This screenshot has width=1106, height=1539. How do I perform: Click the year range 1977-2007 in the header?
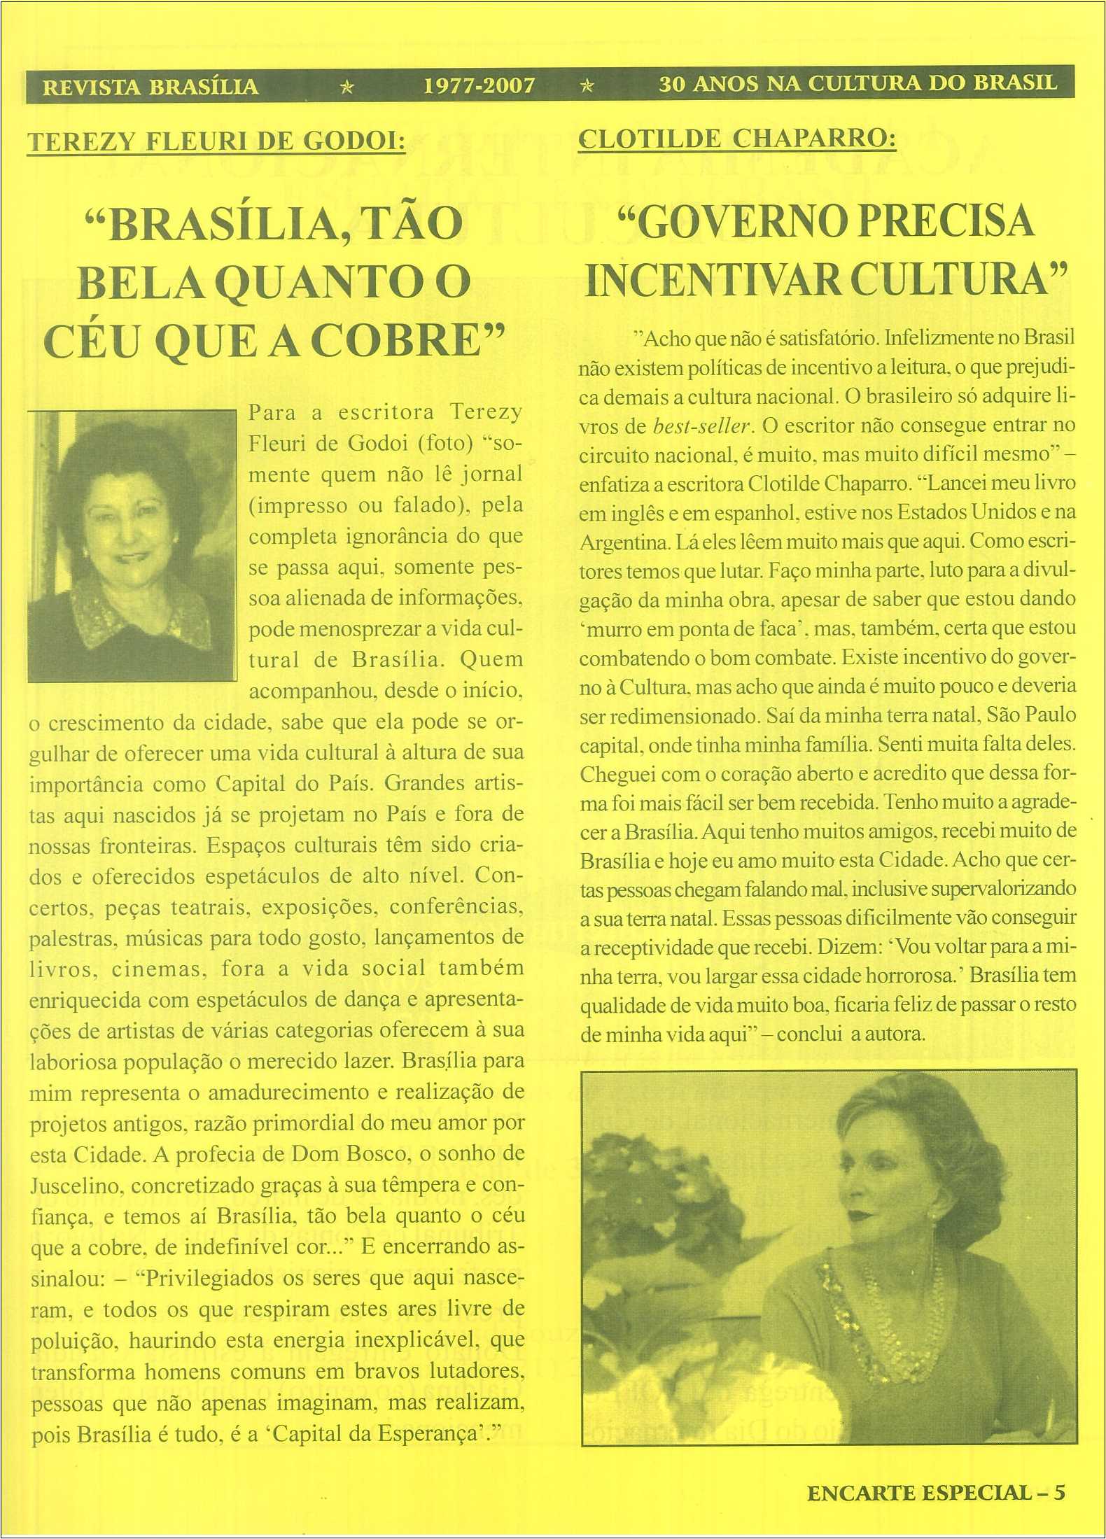[479, 86]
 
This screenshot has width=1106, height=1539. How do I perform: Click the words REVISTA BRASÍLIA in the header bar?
[150, 87]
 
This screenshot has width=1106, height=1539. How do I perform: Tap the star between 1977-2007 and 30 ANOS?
[588, 86]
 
